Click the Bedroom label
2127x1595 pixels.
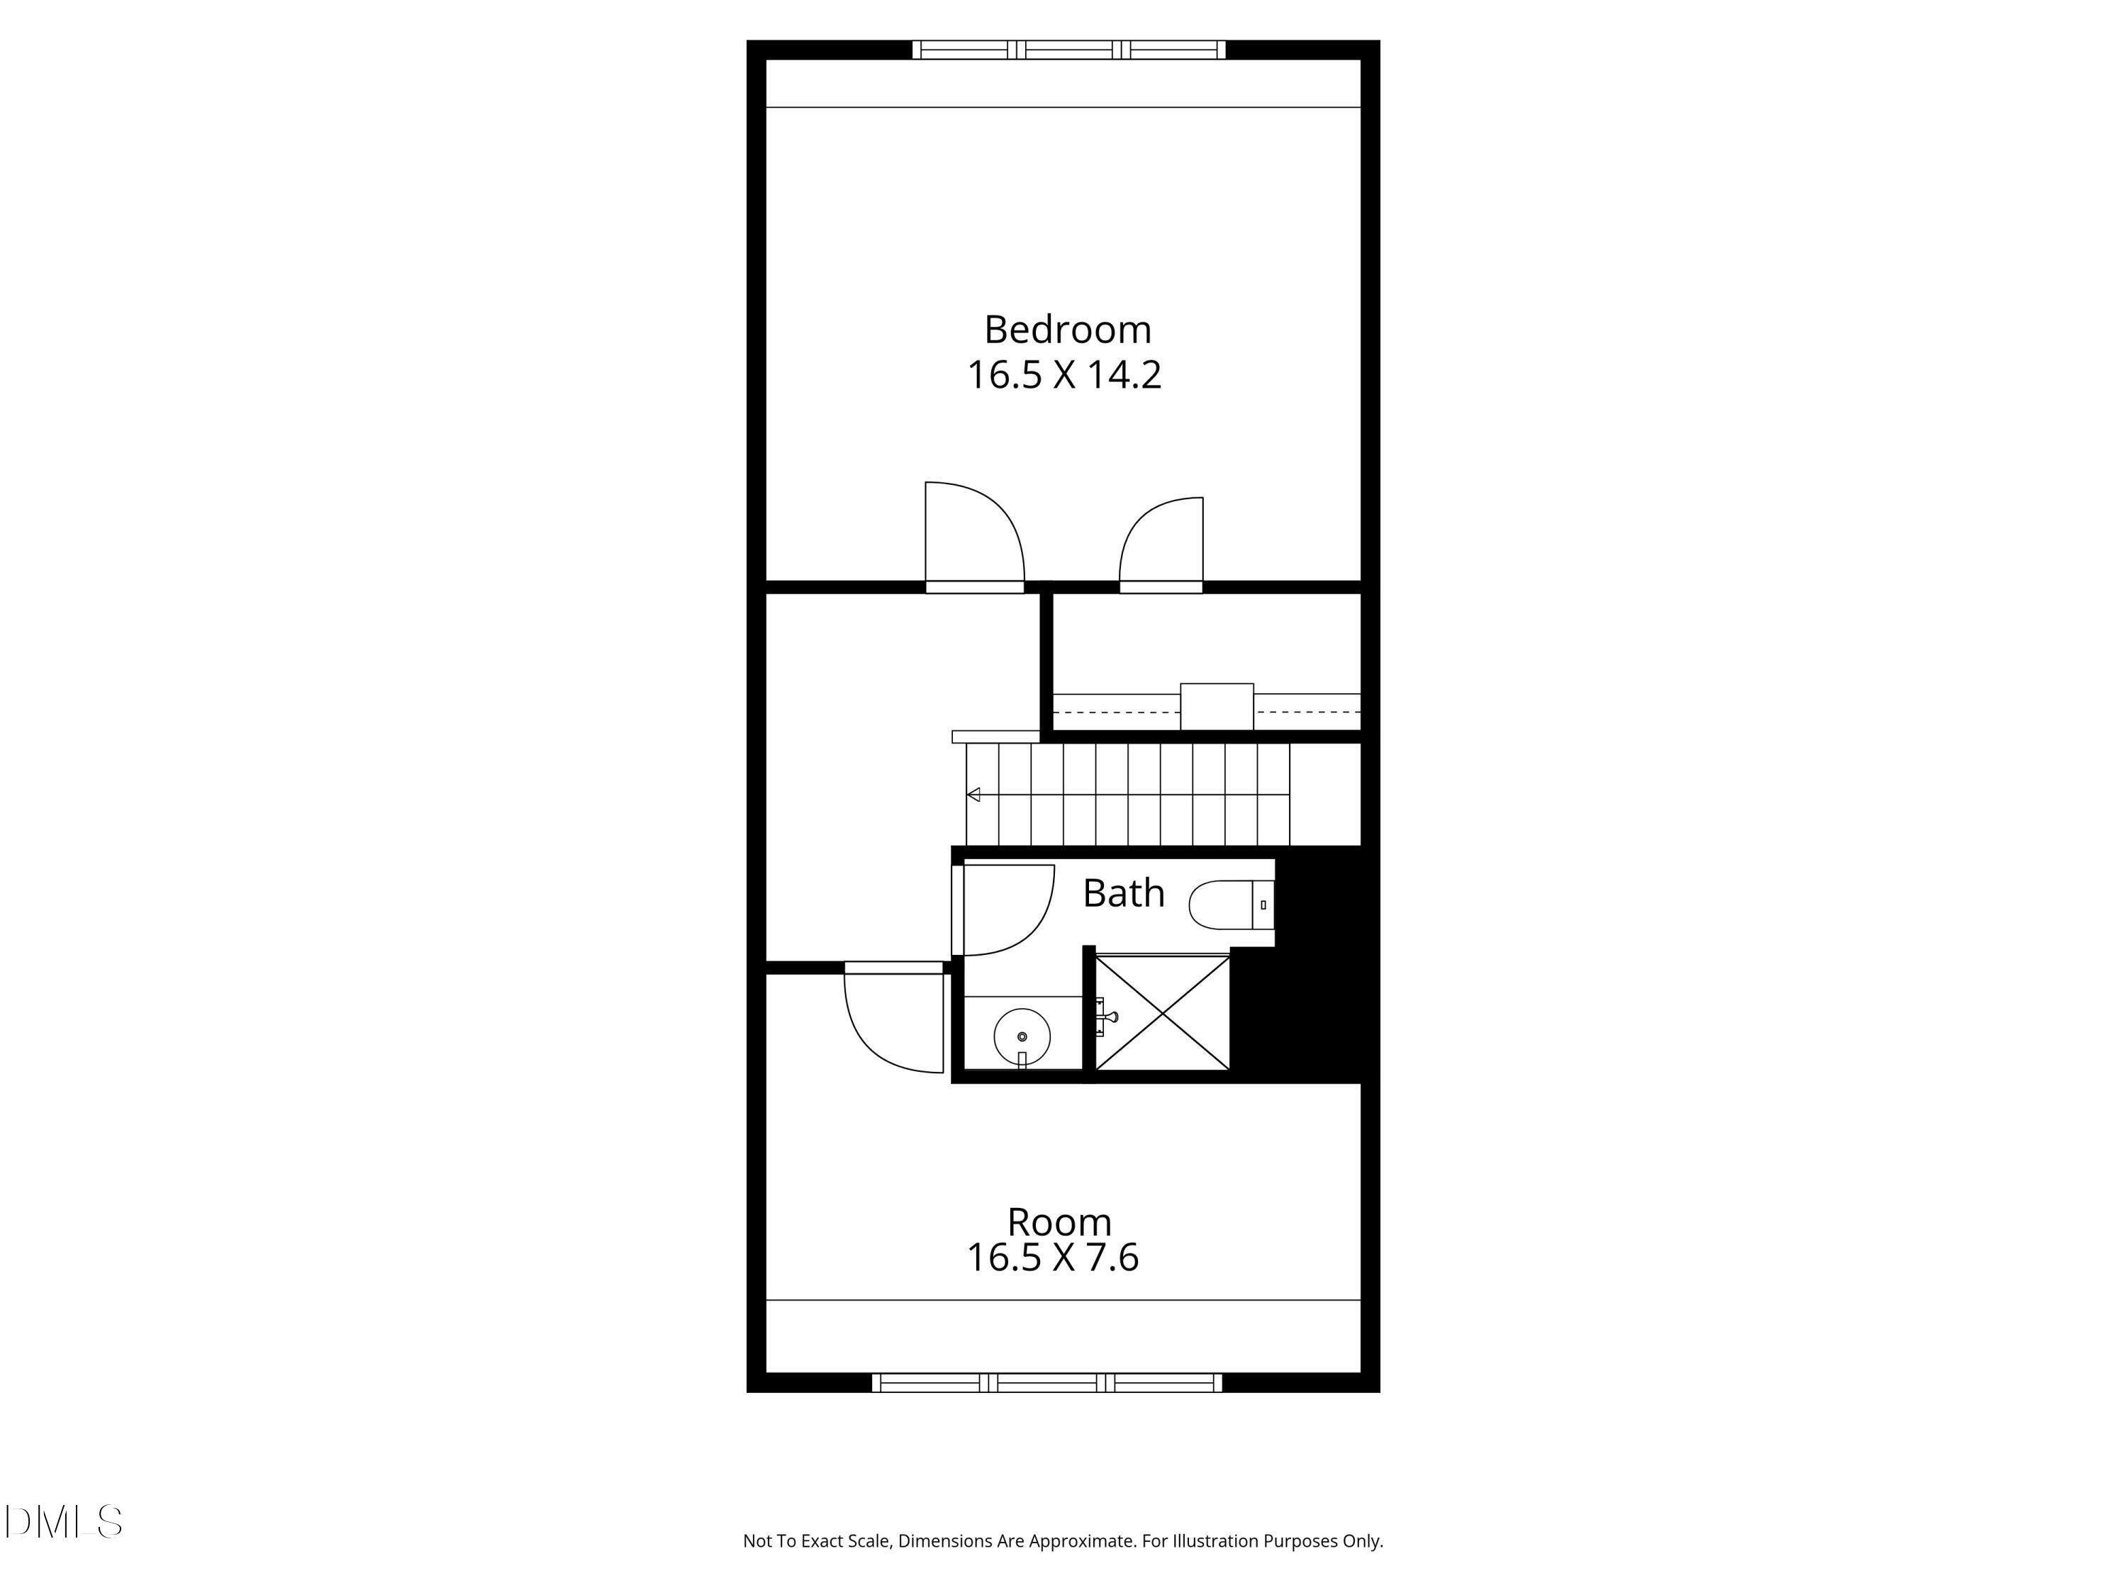pos(1066,330)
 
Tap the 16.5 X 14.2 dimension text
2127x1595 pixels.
pos(1063,375)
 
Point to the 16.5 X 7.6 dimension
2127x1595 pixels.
pos(1052,1258)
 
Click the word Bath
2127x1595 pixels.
pos(1123,893)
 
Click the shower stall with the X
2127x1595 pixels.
pos(1163,1012)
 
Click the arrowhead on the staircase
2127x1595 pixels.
pos(973,794)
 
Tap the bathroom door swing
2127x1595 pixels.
pos(1005,909)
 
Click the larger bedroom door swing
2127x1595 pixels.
pos(972,534)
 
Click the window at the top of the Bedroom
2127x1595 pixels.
pos(1068,49)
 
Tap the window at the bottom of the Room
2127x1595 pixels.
pos(1046,1382)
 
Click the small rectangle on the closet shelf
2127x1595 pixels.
pos(1217,707)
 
